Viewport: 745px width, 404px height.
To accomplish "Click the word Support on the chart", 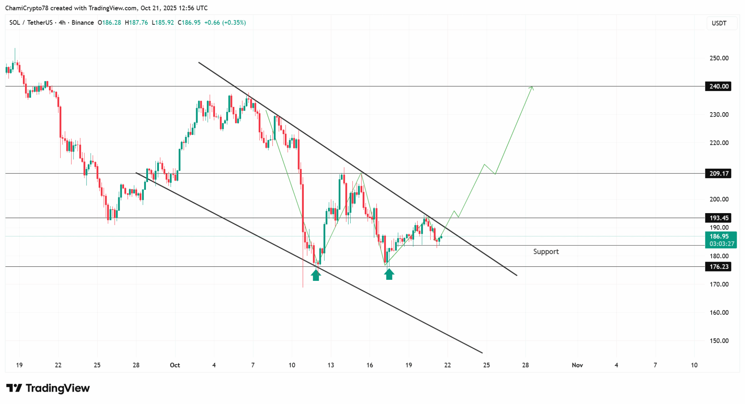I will point(546,251).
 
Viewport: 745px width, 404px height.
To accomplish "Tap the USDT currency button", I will point(719,23).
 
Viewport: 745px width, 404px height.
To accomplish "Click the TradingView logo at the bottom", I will point(48,388).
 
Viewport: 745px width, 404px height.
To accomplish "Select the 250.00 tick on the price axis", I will point(719,58).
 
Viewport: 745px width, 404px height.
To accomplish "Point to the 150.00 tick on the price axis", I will point(719,341).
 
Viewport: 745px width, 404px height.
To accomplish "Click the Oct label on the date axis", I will point(175,365).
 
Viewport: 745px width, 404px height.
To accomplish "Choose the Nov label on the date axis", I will point(577,365).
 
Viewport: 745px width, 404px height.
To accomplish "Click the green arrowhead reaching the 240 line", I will point(532,87).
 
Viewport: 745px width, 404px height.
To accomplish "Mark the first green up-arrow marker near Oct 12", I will point(316,275).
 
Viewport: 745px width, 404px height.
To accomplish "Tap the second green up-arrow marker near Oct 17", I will point(389,274).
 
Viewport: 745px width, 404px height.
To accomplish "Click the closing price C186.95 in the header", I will point(189,23).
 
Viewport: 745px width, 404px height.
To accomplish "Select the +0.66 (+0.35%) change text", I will point(225,23).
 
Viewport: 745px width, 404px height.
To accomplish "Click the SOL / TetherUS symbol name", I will point(31,23).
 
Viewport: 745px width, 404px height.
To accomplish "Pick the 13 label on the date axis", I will point(331,365).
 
